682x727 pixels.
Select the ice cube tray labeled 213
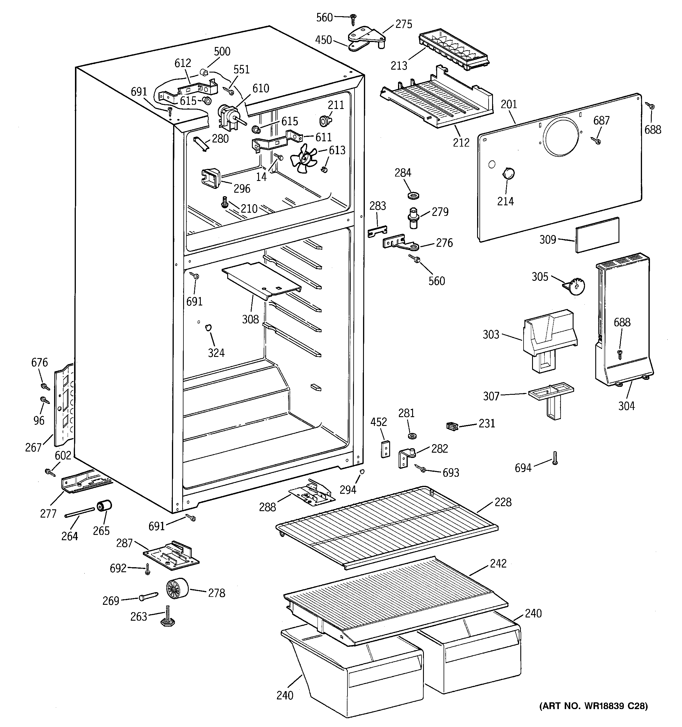point(453,52)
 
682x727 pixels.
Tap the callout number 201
point(509,104)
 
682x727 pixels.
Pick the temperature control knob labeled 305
point(576,286)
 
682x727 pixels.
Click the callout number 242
point(498,563)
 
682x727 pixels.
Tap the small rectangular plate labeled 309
point(597,235)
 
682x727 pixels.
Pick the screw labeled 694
point(555,458)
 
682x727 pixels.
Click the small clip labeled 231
point(452,426)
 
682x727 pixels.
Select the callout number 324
point(216,353)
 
